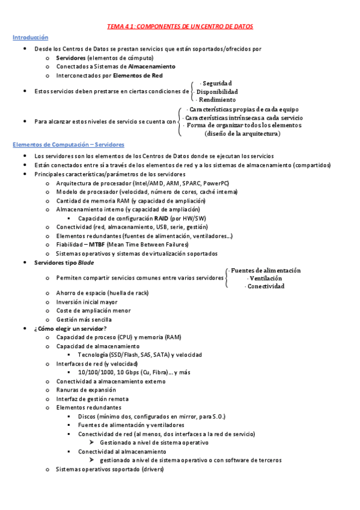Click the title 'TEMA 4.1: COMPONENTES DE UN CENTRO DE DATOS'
180,26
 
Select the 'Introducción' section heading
30,37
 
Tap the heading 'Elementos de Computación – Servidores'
68,145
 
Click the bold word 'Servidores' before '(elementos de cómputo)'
70,58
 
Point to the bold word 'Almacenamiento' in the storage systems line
152,67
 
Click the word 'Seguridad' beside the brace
217,83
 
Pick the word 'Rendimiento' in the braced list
218,100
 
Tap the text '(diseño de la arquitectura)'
242,134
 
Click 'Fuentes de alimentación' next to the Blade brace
266,271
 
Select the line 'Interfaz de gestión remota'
92,399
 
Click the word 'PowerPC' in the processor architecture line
216,183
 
